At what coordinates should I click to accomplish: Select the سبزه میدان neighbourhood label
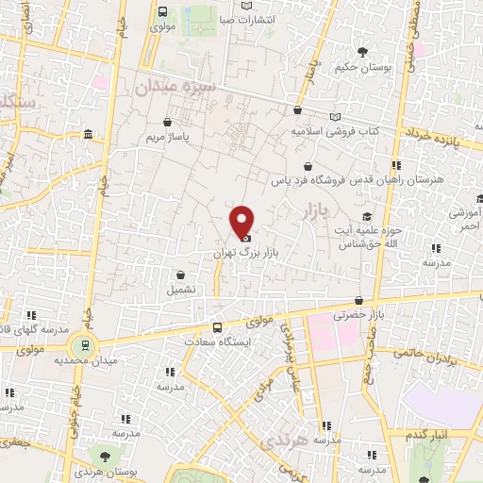175,88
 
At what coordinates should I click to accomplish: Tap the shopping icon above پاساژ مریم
167,122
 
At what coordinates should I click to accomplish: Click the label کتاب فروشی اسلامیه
334,131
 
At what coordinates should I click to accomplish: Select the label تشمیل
181,290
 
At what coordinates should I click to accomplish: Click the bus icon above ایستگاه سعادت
218,326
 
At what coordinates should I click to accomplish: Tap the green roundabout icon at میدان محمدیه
86,345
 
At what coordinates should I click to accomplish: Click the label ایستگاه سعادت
218,341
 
